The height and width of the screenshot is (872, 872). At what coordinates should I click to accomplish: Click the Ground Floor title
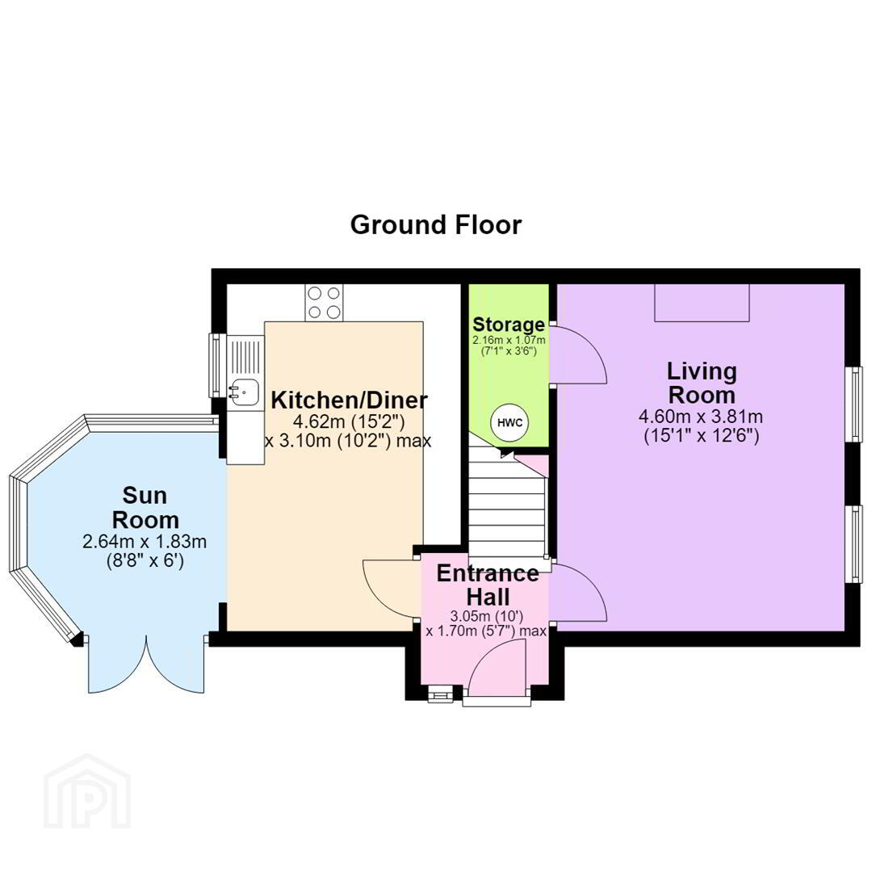[436, 225]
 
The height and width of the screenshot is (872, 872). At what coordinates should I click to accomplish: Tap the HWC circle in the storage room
[509, 422]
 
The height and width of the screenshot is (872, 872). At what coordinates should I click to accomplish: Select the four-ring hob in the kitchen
[324, 303]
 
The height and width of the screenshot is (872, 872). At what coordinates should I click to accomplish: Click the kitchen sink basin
[245, 392]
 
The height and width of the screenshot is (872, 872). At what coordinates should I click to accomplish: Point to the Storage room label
[509, 325]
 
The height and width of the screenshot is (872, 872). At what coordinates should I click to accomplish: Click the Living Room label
[702, 384]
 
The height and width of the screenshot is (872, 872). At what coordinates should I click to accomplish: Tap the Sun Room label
[145, 508]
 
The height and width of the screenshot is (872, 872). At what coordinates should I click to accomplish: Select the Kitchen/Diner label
[350, 400]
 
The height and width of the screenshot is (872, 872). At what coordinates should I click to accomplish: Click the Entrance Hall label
[488, 585]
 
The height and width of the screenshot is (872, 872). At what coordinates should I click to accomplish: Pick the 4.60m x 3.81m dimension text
[701, 417]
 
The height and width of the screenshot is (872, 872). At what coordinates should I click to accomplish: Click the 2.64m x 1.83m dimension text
[145, 542]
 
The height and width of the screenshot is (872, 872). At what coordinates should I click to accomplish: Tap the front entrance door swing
[497, 665]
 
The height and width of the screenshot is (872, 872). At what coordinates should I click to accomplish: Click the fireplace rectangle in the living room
[702, 303]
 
